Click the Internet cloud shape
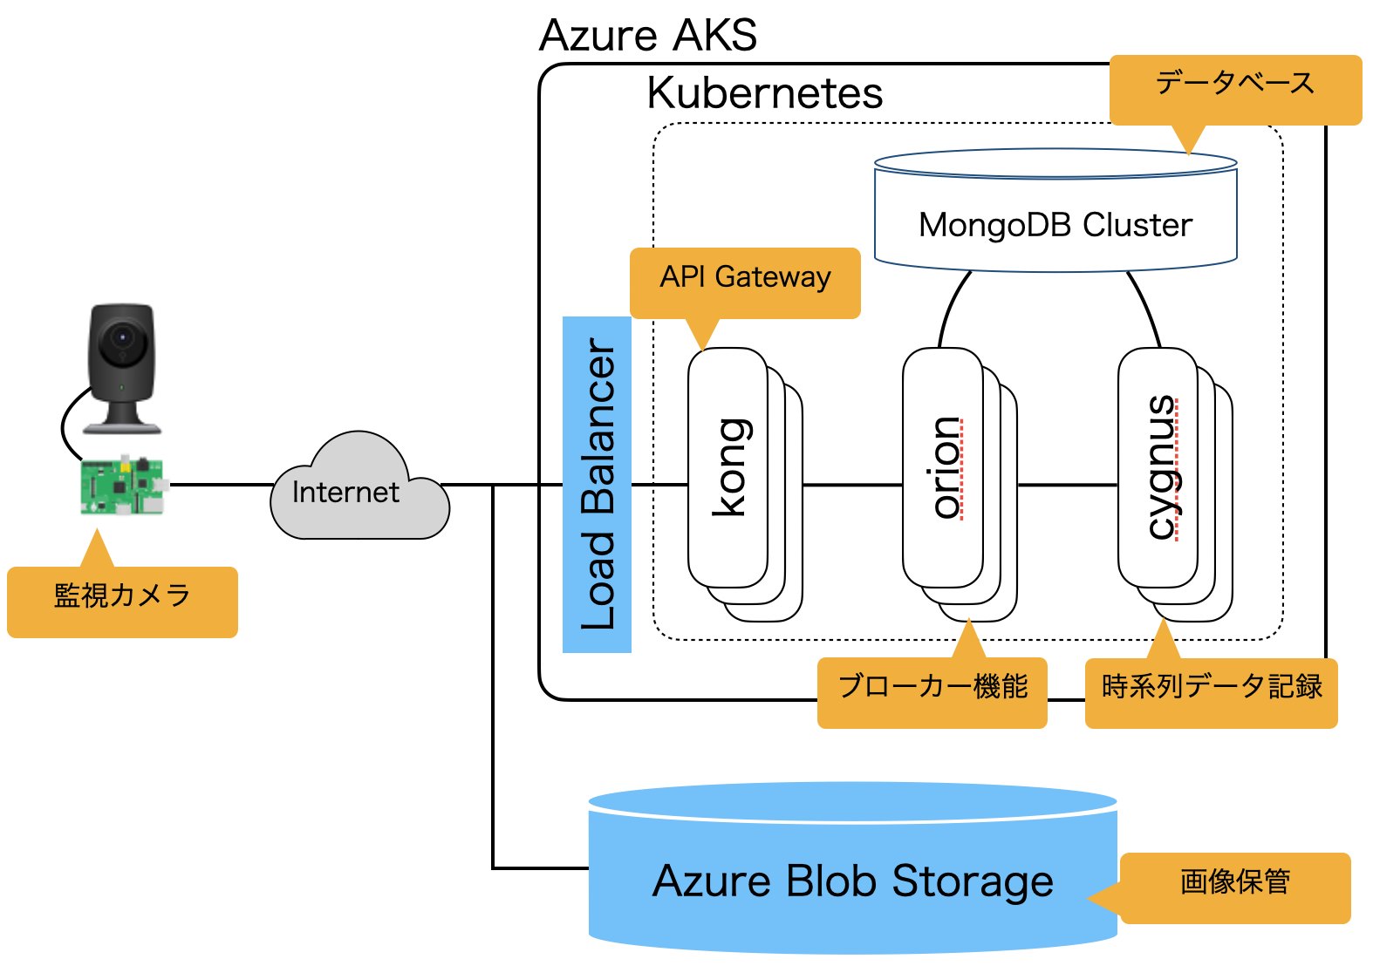click(359, 492)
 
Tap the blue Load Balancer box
click(597, 485)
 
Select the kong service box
click(728, 468)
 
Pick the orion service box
click(943, 468)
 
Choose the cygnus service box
click(1158, 468)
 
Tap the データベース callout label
click(1235, 85)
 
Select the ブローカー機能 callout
click(932, 689)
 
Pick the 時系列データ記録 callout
click(1212, 689)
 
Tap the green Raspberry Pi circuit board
click(122, 485)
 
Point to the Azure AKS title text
click(648, 37)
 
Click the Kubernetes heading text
click(765, 93)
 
